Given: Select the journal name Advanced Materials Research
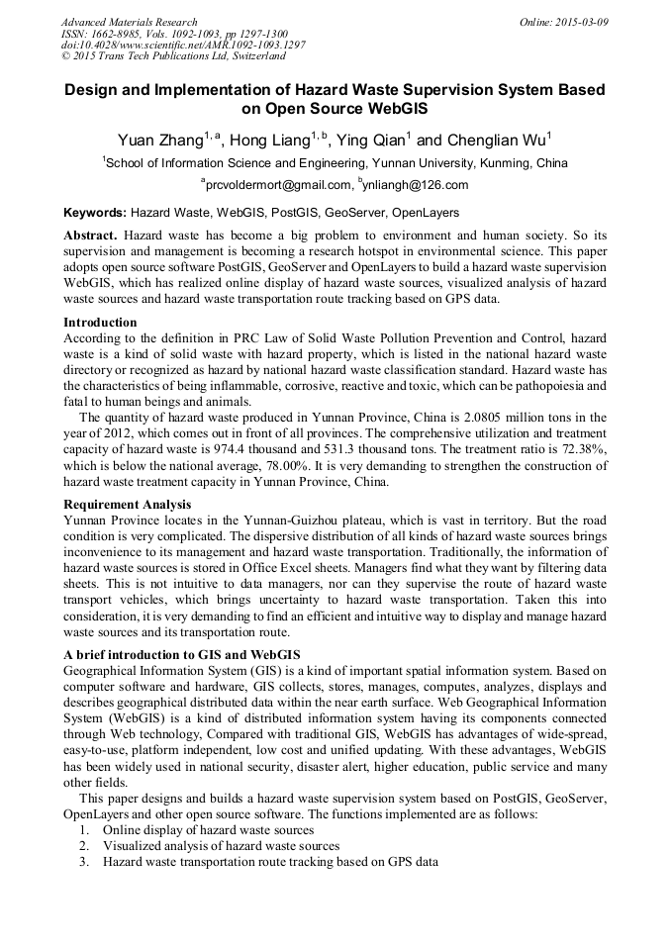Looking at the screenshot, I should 130,21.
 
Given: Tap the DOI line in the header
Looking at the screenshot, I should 183,45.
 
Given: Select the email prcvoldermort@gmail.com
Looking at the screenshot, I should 279,185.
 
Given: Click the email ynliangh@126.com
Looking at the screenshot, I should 420,185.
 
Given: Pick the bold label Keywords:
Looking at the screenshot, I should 95,213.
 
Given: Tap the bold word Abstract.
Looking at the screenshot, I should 91,236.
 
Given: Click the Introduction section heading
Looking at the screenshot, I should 101,322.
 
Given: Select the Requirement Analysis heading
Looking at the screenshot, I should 128,504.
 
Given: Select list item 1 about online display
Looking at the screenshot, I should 208,829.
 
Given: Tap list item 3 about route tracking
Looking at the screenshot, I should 270,861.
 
